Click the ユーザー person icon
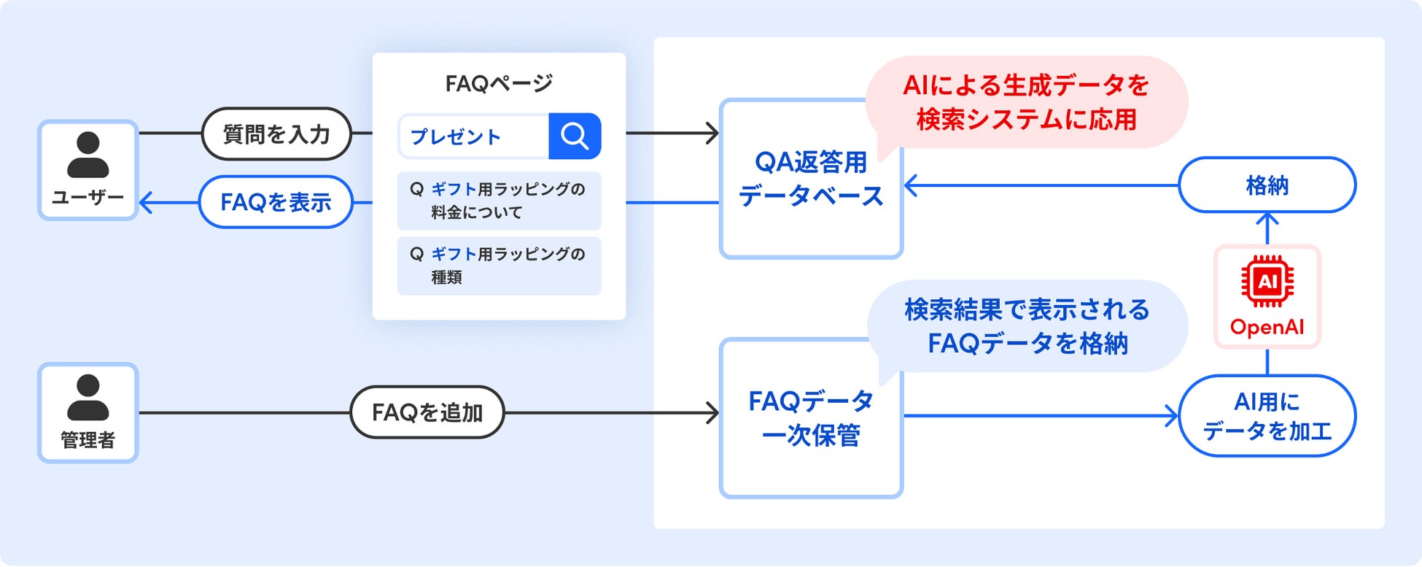[88, 155]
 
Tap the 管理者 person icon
[88, 398]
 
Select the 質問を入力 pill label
[276, 134]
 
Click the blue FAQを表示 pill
[276, 202]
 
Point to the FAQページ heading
[499, 84]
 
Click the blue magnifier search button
[575, 136]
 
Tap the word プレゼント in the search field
[455, 136]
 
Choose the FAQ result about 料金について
[499, 201]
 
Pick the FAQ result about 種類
[499, 266]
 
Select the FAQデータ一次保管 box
[810, 418]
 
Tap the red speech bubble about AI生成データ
[1026, 102]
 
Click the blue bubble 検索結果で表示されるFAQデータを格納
[1027, 326]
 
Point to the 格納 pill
[1267, 185]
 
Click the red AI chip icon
[1267, 281]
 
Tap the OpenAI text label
[1267, 327]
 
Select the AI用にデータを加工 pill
[1267, 416]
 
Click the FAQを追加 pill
[427, 412]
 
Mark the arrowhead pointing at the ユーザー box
[145, 202]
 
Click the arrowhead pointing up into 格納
[1267, 218]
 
